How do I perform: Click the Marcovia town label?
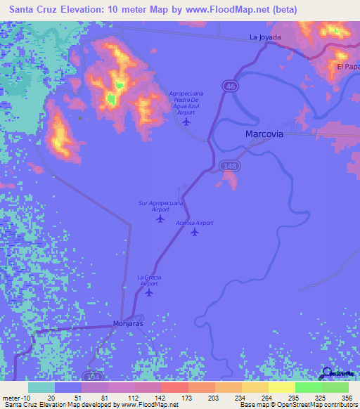click(264, 133)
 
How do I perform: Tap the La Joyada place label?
click(265, 37)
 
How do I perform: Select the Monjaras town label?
click(128, 324)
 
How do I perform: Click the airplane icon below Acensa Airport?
click(195, 233)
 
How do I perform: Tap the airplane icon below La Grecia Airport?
click(149, 292)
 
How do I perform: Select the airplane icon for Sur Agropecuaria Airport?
click(160, 219)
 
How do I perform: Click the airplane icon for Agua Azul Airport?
click(186, 122)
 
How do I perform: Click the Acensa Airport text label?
click(194, 223)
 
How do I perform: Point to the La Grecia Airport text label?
click(149, 280)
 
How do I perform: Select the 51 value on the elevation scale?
click(67, 398)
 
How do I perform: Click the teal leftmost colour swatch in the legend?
click(41, 387)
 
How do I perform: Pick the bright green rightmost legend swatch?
click(335, 387)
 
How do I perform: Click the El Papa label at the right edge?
click(348, 67)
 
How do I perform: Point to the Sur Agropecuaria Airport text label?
click(160, 206)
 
